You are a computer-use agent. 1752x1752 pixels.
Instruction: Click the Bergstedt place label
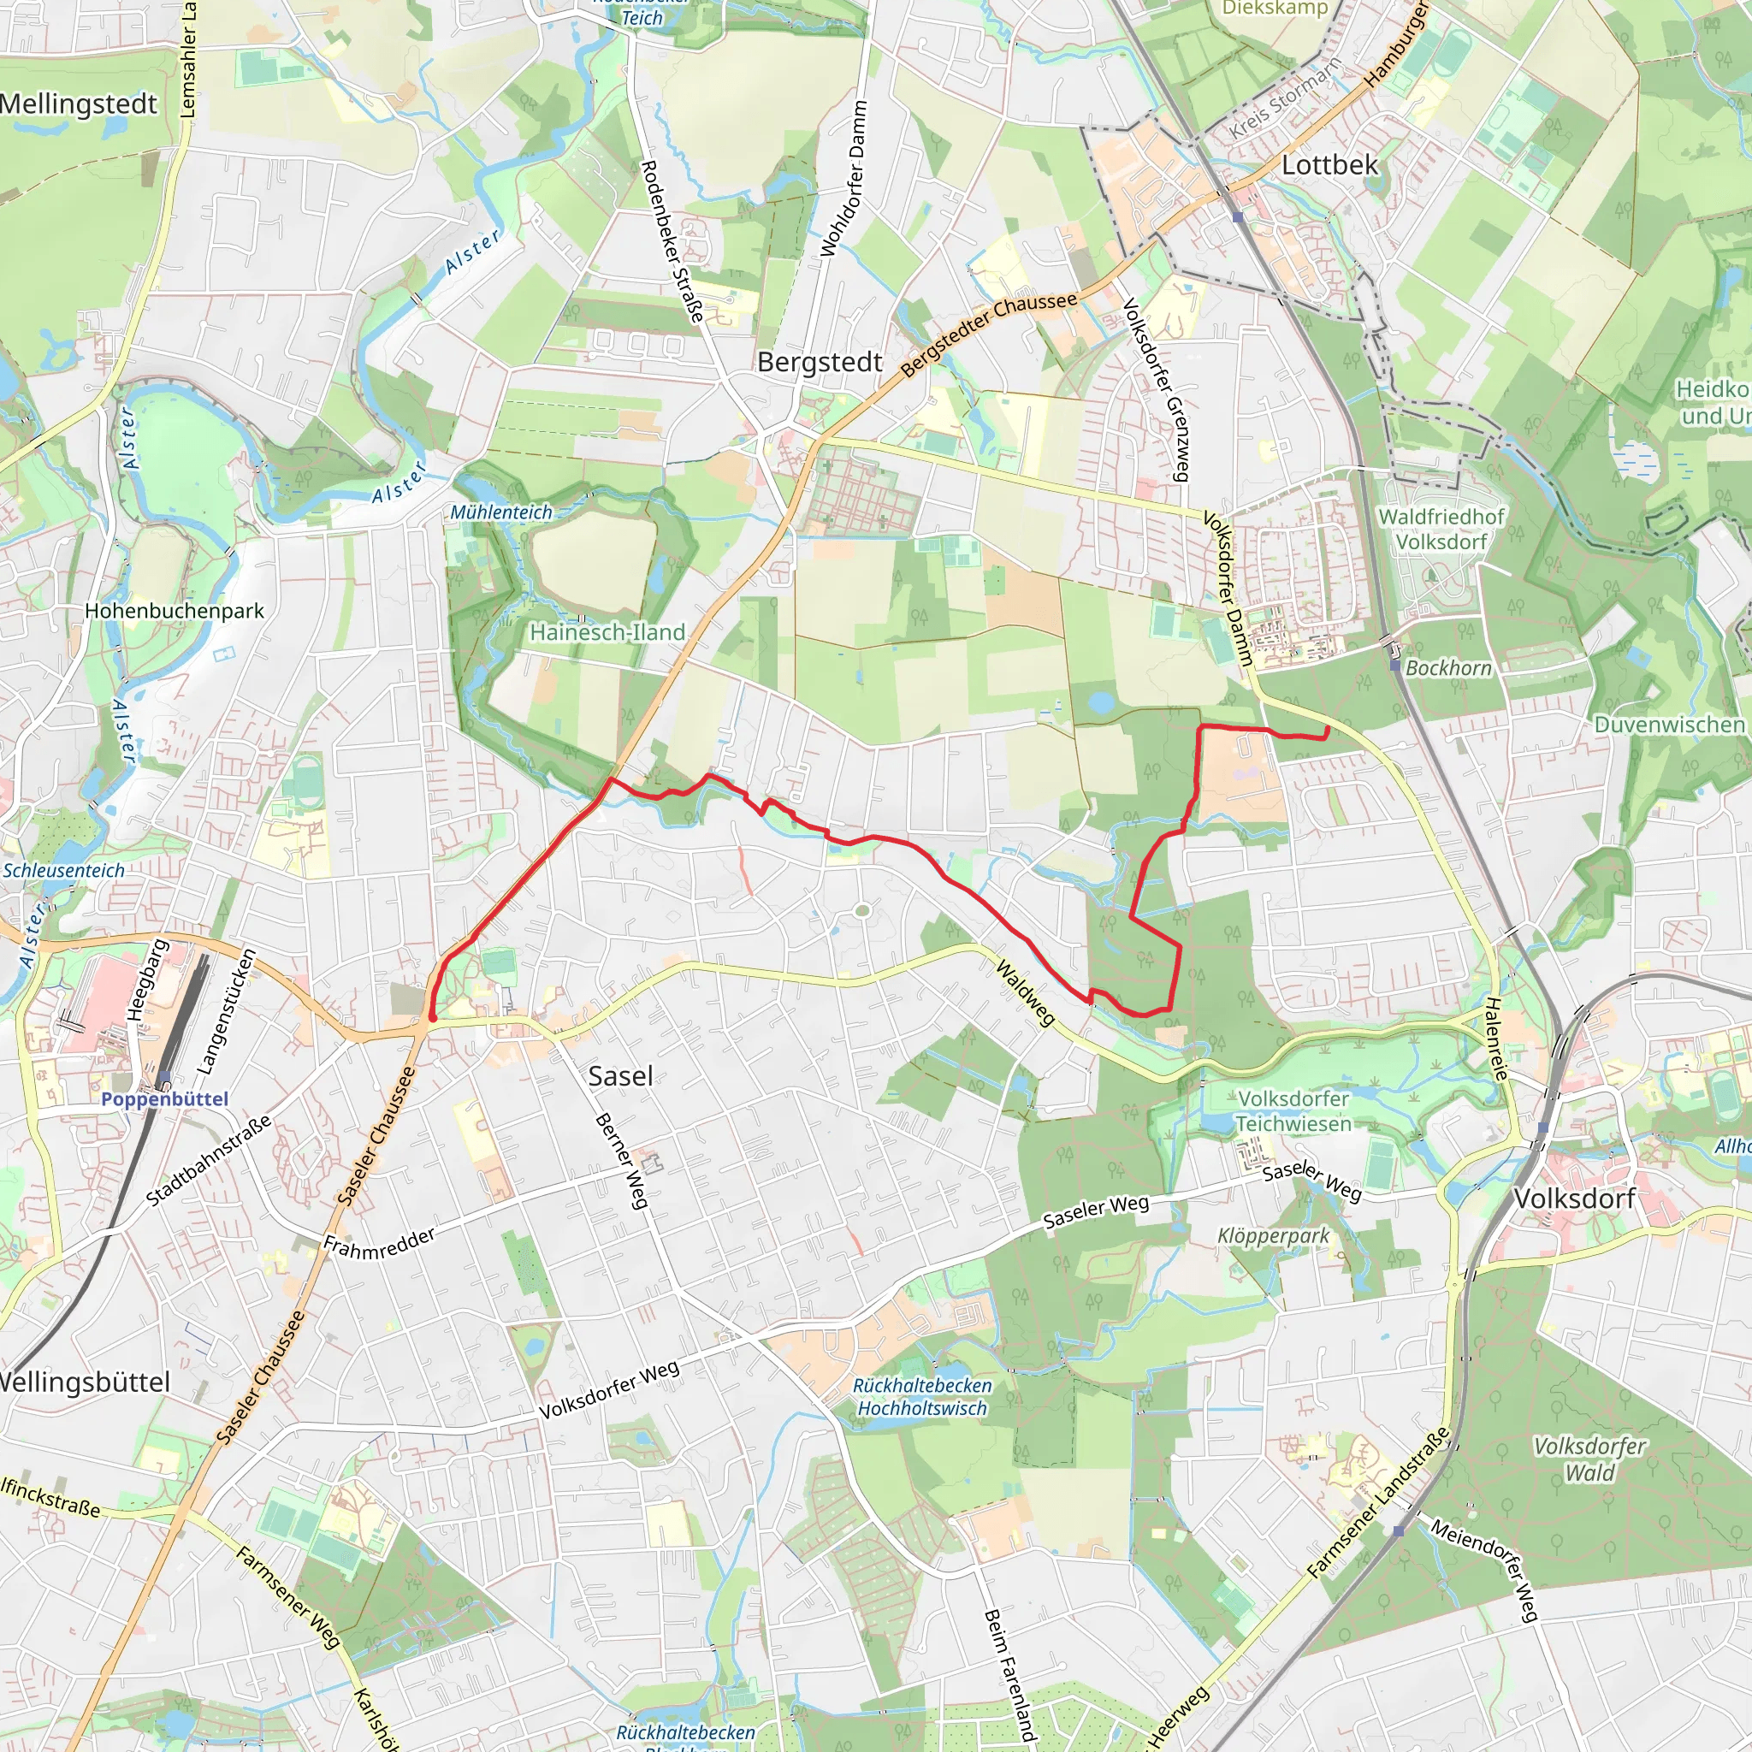pyautogui.click(x=820, y=363)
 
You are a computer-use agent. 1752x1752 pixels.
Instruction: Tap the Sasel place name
pyautogui.click(x=620, y=1076)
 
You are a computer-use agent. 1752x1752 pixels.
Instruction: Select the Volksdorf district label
pyautogui.click(x=1574, y=1198)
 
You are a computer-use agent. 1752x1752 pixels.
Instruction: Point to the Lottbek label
pyautogui.click(x=1329, y=165)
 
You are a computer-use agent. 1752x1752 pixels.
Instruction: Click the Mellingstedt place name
pyautogui.click(x=79, y=104)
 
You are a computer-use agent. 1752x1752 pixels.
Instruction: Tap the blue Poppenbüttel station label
pyautogui.click(x=164, y=1099)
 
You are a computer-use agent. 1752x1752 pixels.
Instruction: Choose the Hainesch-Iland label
pyautogui.click(x=607, y=632)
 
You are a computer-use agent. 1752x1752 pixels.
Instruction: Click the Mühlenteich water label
pyautogui.click(x=501, y=512)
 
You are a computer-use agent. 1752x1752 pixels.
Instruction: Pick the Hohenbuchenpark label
pyautogui.click(x=175, y=611)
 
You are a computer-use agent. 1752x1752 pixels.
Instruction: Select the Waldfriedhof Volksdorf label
pyautogui.click(x=1441, y=529)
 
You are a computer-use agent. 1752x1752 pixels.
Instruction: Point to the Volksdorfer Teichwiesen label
pyautogui.click(x=1293, y=1111)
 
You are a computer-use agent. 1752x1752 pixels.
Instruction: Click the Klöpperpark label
pyautogui.click(x=1273, y=1236)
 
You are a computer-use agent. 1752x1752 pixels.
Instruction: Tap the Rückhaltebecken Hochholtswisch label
pyautogui.click(x=922, y=1396)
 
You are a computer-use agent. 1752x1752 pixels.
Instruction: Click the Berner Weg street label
pyautogui.click(x=622, y=1161)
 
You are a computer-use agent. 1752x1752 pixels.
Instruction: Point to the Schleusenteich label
pyautogui.click(x=63, y=871)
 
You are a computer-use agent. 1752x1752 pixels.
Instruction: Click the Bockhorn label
pyautogui.click(x=1448, y=668)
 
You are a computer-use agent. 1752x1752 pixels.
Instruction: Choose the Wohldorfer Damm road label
pyautogui.click(x=843, y=179)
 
